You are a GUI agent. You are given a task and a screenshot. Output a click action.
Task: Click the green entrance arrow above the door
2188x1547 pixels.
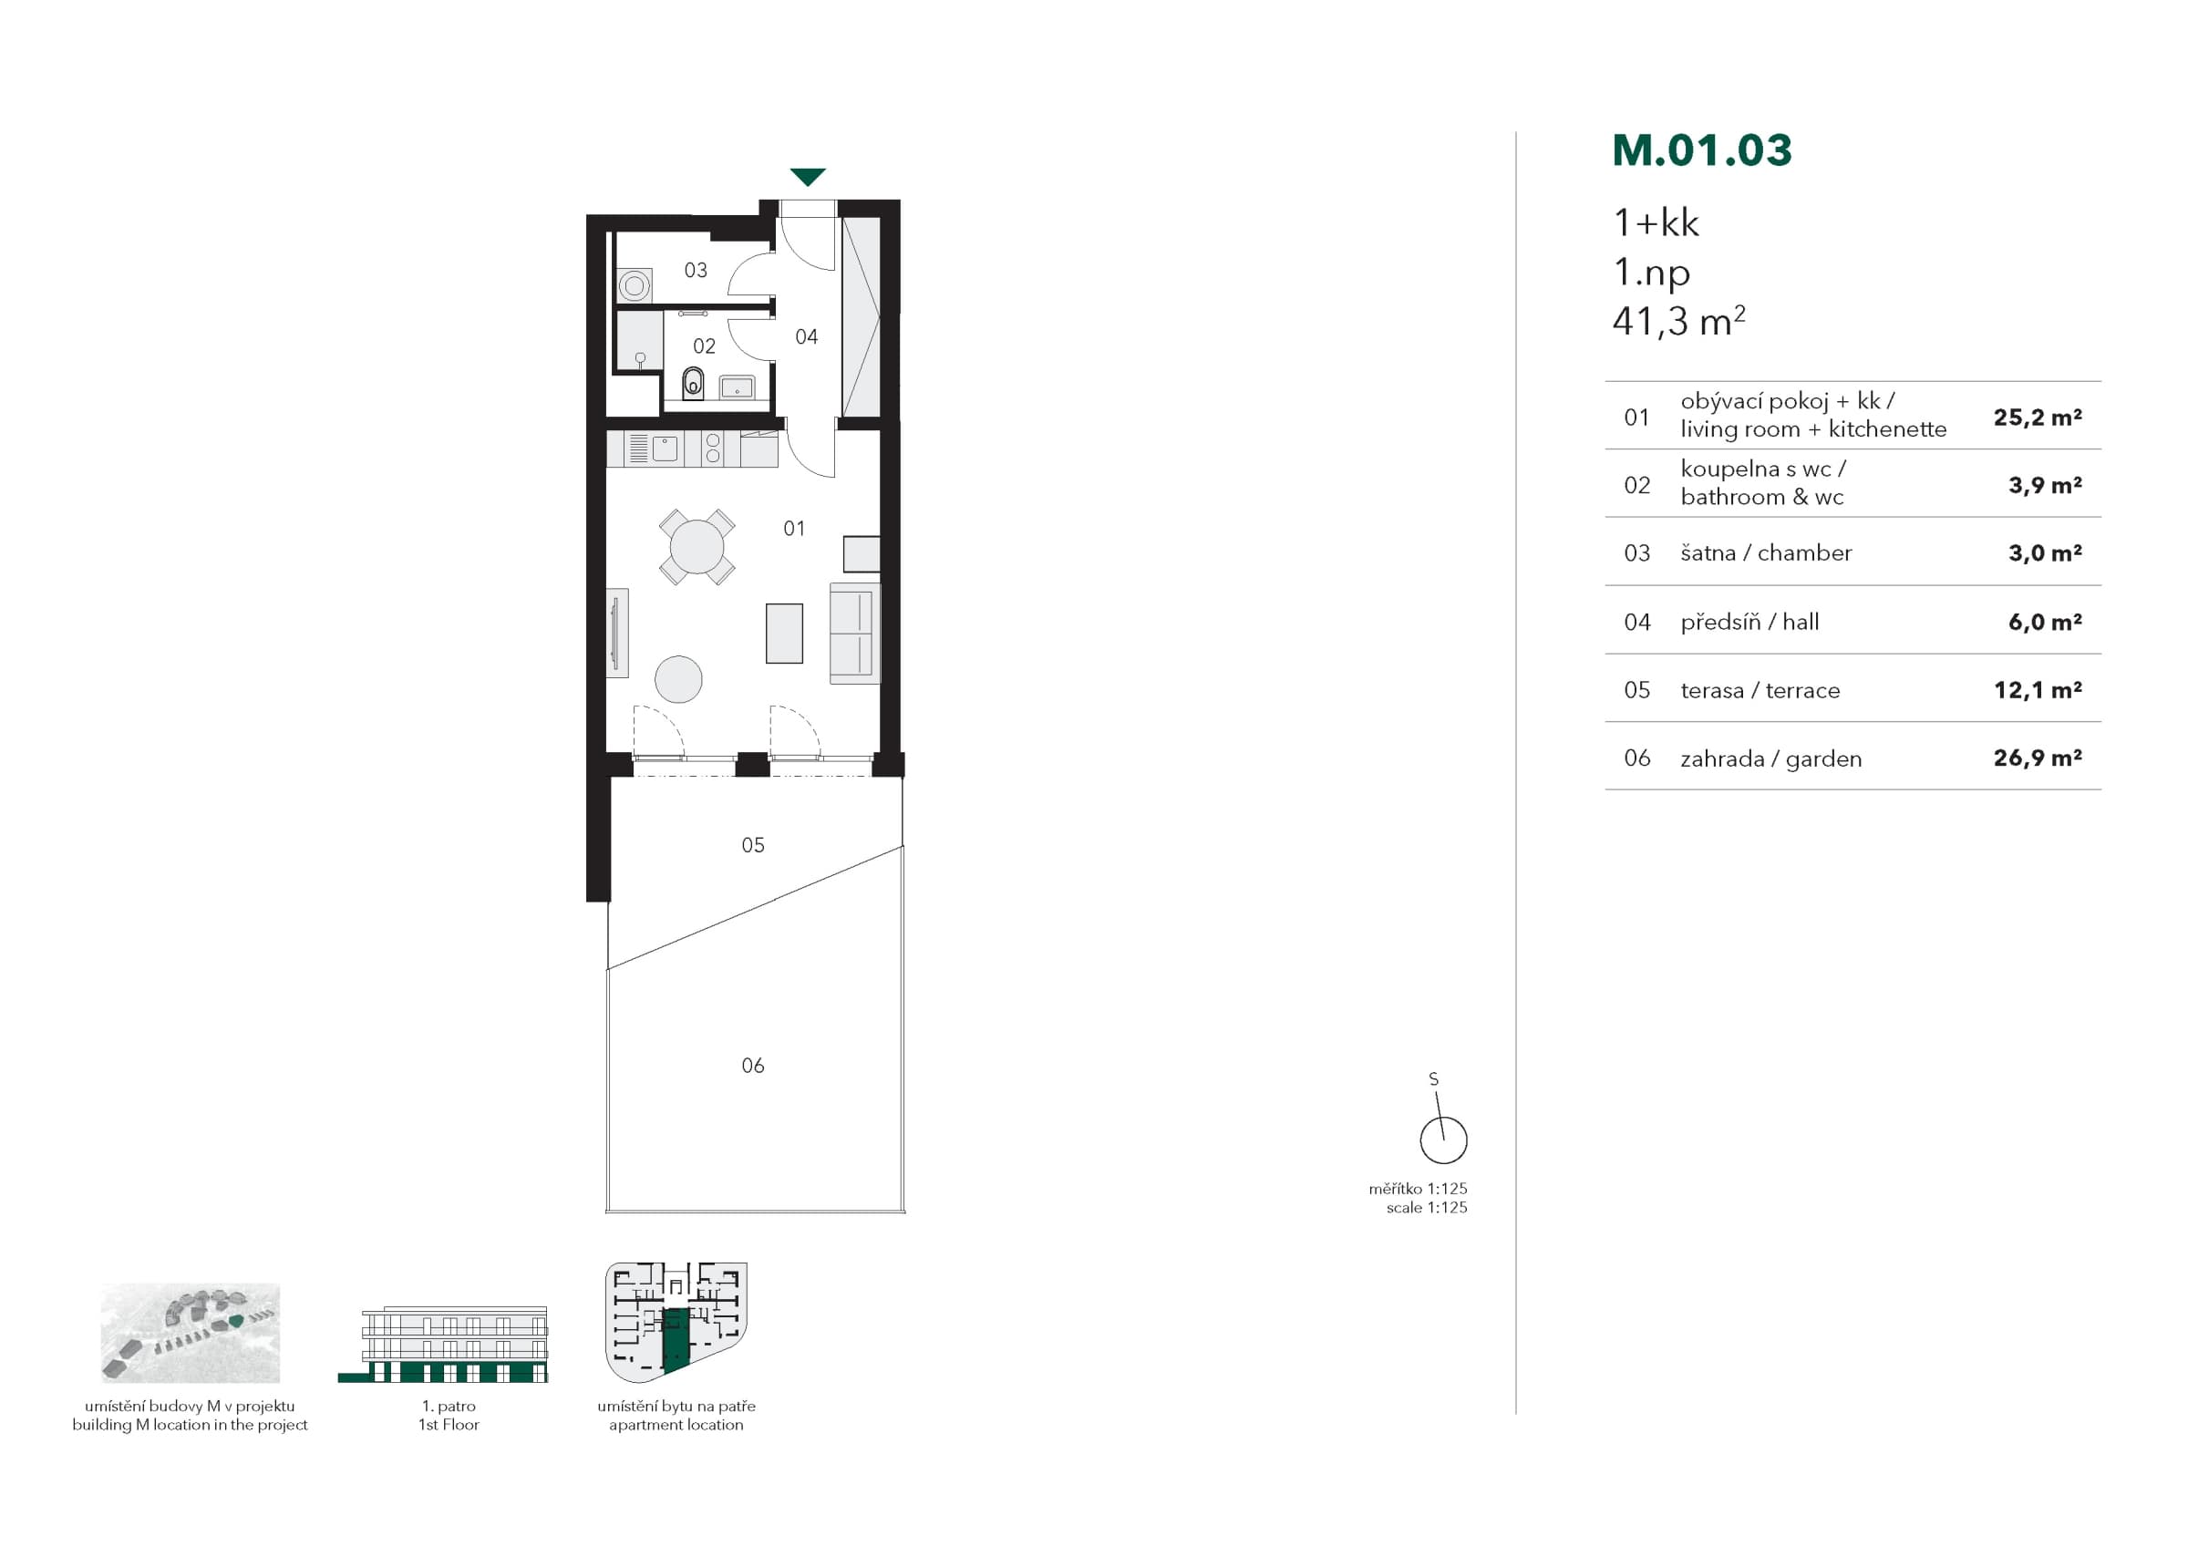pyautogui.click(x=807, y=176)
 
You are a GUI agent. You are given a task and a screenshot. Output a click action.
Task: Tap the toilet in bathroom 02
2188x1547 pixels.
pyautogui.click(x=693, y=383)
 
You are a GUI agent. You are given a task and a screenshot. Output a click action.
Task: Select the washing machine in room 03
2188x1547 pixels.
pyautogui.click(x=635, y=285)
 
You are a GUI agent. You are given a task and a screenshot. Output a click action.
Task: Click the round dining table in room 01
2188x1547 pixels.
pyautogui.click(x=697, y=546)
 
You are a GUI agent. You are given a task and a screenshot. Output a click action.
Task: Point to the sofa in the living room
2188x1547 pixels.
pyautogui.click(x=854, y=633)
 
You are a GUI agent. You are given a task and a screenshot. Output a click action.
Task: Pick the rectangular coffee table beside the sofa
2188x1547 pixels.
pyautogui.click(x=784, y=633)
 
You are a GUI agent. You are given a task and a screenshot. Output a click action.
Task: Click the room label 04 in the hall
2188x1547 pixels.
pyautogui.click(x=806, y=336)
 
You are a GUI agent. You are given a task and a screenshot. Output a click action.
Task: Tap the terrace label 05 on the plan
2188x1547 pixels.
pyautogui.click(x=753, y=844)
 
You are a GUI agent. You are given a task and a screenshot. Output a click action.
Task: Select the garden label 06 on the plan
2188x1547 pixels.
pyautogui.click(x=753, y=1066)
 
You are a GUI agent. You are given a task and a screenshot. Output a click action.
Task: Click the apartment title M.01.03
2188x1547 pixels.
pyautogui.click(x=1702, y=150)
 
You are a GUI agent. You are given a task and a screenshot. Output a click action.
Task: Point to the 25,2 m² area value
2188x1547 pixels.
pyautogui.click(x=2038, y=417)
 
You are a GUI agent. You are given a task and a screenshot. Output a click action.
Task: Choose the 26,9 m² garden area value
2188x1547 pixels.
pyautogui.click(x=2038, y=758)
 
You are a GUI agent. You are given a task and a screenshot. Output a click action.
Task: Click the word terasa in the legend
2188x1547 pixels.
pyautogui.click(x=1711, y=690)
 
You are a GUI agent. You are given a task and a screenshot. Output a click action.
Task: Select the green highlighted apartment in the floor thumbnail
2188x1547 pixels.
pyautogui.click(x=675, y=1339)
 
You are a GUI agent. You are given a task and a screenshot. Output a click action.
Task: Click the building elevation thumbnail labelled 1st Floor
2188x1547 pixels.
pyautogui.click(x=444, y=1344)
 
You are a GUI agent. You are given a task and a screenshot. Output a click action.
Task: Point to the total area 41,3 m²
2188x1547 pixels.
pyautogui.click(x=1678, y=321)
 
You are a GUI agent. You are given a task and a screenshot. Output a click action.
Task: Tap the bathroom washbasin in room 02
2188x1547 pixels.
pyautogui.click(x=737, y=387)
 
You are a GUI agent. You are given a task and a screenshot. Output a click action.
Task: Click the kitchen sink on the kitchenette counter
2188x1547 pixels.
pyautogui.click(x=665, y=448)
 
